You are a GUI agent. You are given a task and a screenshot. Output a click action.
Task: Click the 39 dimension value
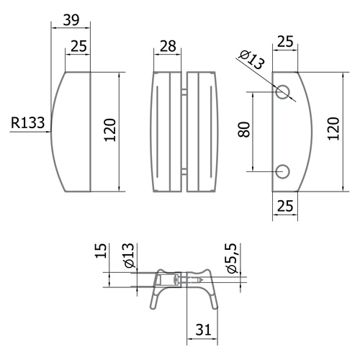pyautogui.click(x=71, y=20)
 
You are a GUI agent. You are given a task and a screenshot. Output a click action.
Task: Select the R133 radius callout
pyautogui.click(x=28, y=122)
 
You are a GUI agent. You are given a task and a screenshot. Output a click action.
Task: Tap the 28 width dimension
pyautogui.click(x=168, y=46)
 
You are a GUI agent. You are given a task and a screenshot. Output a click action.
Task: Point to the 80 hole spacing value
pyautogui.click(x=244, y=130)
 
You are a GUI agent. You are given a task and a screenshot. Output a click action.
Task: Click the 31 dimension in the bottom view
pyautogui.click(x=203, y=329)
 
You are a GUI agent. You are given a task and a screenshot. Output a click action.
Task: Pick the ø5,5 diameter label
pyautogui.click(x=232, y=258)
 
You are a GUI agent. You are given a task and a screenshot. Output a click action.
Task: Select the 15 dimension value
pyautogui.click(x=101, y=251)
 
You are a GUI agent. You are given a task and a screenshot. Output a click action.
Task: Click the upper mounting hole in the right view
pyautogui.click(x=282, y=91)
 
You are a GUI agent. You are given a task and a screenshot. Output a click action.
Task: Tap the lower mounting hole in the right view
pyautogui.click(x=282, y=171)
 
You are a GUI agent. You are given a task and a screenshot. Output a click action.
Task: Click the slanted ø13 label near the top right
pyautogui.click(x=252, y=60)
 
